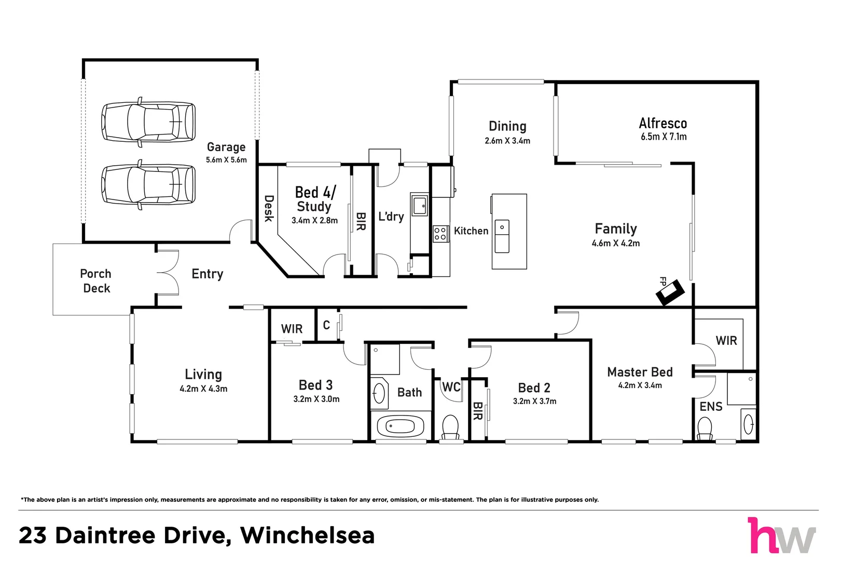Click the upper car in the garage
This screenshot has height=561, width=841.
(148, 122)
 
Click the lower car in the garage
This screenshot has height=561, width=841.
(148, 184)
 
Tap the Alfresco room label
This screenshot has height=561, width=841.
(663, 124)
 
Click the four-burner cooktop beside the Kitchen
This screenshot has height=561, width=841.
(440, 234)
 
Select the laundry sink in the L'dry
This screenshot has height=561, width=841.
(419, 205)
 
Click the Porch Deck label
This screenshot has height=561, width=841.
(96, 281)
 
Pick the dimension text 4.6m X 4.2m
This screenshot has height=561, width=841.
(615, 243)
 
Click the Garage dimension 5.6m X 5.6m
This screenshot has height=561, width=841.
(226, 160)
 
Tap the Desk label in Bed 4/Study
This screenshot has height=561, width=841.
(268, 208)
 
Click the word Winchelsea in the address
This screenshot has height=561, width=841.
(307, 536)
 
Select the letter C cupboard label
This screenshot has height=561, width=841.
(326, 325)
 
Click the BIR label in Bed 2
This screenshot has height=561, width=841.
(478, 411)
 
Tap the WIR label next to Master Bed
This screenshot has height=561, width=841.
(726, 341)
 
